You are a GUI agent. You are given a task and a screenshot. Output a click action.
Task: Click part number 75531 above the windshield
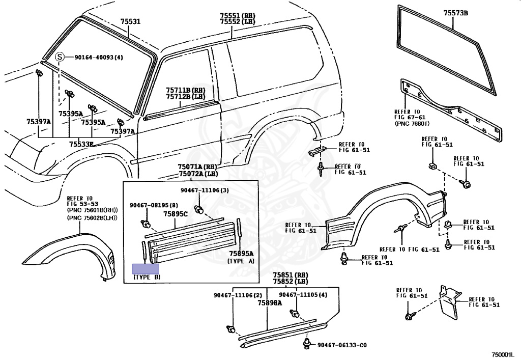coord(130,22)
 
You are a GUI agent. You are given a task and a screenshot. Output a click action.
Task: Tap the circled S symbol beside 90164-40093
coord(60,57)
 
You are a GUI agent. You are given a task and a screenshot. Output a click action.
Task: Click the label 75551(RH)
coord(238,15)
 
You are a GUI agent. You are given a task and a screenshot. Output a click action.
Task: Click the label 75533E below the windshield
coord(81,144)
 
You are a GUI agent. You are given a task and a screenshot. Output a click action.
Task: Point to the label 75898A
coord(269,302)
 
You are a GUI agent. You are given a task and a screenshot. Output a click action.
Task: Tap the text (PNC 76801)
coord(412,123)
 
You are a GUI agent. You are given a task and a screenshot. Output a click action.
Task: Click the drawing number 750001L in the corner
coord(503,355)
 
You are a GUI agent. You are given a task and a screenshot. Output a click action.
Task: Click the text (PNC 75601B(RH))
coord(92,210)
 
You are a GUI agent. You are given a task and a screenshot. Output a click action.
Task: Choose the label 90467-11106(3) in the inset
coord(205,190)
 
